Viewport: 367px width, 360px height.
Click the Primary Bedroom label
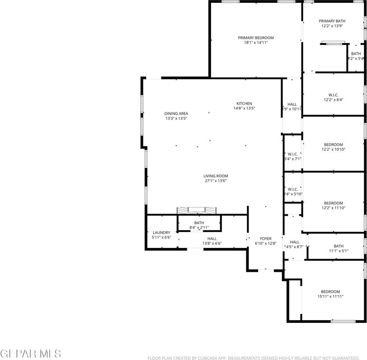tap(256, 37)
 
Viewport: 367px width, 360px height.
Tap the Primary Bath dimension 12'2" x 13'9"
tap(332, 26)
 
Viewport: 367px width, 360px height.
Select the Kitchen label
tap(244, 103)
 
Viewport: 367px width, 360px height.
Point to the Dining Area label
tap(176, 114)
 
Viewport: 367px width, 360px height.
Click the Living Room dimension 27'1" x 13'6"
tap(215, 181)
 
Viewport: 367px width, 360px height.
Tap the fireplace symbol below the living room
tap(197, 210)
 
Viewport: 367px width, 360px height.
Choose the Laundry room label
tap(161, 232)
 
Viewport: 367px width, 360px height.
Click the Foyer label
tap(266, 238)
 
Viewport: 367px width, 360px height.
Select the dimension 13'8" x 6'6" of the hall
tap(212, 243)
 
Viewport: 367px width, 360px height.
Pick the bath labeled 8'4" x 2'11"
tap(199, 225)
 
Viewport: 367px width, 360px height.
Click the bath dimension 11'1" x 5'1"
tap(338, 251)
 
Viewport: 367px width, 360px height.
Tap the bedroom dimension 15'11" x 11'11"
tap(330, 296)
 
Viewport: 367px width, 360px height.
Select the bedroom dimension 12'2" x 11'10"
tap(334, 208)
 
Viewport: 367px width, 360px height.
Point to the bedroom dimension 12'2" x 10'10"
tap(334, 149)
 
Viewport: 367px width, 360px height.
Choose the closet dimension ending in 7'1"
tap(293, 159)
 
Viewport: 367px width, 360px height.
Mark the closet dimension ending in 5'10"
tap(293, 194)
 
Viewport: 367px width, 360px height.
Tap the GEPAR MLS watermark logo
tap(30, 353)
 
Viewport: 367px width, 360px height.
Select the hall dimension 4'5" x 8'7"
tap(295, 247)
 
